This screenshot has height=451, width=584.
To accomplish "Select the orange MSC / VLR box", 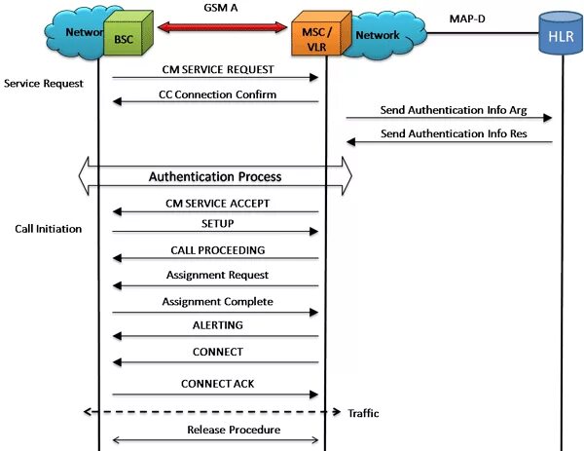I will pyautogui.click(x=315, y=38).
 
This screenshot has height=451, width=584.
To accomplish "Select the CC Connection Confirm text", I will pyautogui.click(x=217, y=94).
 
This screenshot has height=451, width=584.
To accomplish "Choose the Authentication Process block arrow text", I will pyautogui.click(x=215, y=177).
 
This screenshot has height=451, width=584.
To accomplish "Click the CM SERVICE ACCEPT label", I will pyautogui.click(x=216, y=203).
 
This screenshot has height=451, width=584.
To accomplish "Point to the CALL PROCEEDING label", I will pyautogui.click(x=216, y=250).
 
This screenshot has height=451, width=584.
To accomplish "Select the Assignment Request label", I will pyautogui.click(x=217, y=276).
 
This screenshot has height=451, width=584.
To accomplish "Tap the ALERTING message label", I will pyautogui.click(x=217, y=325).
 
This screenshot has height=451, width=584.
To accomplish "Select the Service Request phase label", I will pyautogui.click(x=44, y=84).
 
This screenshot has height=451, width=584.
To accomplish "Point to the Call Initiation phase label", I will pyautogui.click(x=48, y=230).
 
